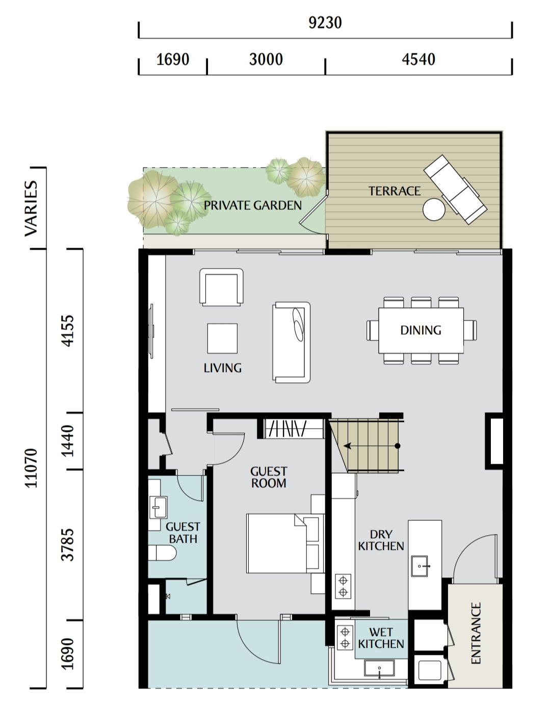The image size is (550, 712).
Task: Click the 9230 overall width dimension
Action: [x=325, y=23]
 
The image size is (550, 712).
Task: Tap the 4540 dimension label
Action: [x=418, y=60]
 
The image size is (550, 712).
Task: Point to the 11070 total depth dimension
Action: [x=32, y=468]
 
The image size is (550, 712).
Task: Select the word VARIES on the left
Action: [x=32, y=208]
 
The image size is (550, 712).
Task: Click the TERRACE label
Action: [x=395, y=191]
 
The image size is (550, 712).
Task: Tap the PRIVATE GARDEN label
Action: [x=252, y=205]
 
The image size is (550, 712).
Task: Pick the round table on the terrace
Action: [x=434, y=209]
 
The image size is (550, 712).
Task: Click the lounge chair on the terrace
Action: [x=455, y=190]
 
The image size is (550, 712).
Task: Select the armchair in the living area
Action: [x=221, y=287]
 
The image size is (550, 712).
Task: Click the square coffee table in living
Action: [x=222, y=338]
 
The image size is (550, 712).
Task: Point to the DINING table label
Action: [x=421, y=330]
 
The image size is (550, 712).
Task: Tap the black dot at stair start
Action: [x=398, y=445]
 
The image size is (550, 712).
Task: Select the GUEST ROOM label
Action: [x=269, y=477]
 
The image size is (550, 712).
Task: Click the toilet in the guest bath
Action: [x=162, y=553]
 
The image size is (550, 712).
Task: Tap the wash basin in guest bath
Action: [x=158, y=508]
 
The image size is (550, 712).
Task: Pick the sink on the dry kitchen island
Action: [x=420, y=566]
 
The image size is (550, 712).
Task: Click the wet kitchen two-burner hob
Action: [x=345, y=637]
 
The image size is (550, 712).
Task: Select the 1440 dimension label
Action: [x=68, y=441]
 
